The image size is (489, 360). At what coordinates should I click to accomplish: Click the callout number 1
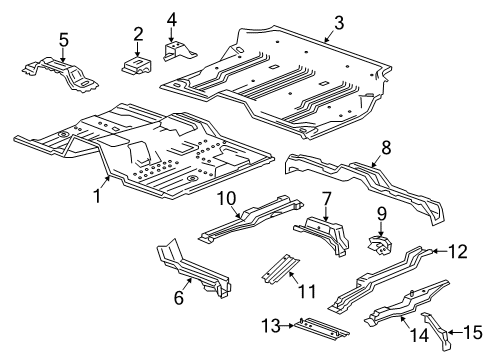(x=98, y=197)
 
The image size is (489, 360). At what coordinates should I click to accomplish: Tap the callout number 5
(x=64, y=39)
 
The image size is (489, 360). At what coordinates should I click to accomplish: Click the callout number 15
(x=467, y=328)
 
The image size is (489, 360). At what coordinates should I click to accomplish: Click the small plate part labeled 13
(x=313, y=328)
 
